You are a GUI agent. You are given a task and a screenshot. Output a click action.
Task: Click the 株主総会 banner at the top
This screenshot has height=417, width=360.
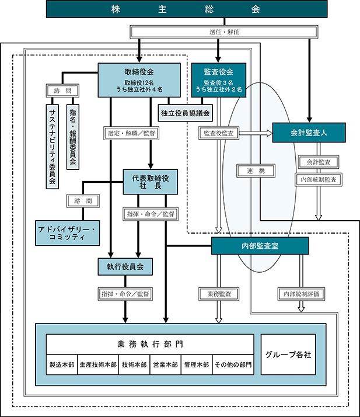coord(187,9)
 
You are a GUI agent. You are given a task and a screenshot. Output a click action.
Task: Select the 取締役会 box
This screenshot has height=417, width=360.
coord(139,80)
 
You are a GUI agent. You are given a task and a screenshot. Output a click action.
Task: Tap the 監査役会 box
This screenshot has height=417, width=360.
coord(219,80)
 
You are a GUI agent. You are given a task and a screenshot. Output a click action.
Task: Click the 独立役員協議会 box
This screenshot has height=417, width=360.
coord(185,113)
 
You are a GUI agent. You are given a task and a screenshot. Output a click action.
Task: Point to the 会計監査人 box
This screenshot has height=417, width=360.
coord(309,133)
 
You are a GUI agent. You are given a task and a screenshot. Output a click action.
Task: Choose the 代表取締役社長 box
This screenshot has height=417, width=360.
coord(151,182)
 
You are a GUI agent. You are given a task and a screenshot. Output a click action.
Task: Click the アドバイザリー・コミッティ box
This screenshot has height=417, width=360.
coord(68,233)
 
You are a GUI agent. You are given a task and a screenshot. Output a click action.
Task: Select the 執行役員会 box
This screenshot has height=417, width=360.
coord(125,266)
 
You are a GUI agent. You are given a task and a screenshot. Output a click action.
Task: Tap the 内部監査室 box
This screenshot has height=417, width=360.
coord(260,246)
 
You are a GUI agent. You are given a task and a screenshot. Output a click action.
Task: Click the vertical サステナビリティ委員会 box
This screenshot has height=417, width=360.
coord(53,147)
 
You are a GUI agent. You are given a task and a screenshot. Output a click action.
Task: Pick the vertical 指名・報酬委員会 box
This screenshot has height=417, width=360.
coord(73,137)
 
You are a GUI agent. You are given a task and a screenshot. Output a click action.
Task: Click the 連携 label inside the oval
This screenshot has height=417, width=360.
coord(256,171)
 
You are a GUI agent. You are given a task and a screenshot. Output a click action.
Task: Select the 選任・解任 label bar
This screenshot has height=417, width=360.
coord(223,32)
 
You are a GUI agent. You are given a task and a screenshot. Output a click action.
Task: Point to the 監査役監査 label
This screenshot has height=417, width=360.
coord(219,133)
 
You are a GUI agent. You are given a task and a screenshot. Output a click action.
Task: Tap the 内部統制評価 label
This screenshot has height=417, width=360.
coord(301,294)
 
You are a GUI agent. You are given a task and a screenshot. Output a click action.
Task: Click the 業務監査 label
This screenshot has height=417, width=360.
coord(219,294)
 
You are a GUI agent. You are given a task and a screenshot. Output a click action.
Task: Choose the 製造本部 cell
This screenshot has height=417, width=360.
coord(62,364)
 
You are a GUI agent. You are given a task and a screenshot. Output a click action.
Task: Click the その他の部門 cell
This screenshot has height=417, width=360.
coord(233,364)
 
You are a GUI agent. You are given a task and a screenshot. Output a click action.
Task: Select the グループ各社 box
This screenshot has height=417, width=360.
coord(288,355)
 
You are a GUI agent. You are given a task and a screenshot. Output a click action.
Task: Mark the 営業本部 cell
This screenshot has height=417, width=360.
coord(165,364)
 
